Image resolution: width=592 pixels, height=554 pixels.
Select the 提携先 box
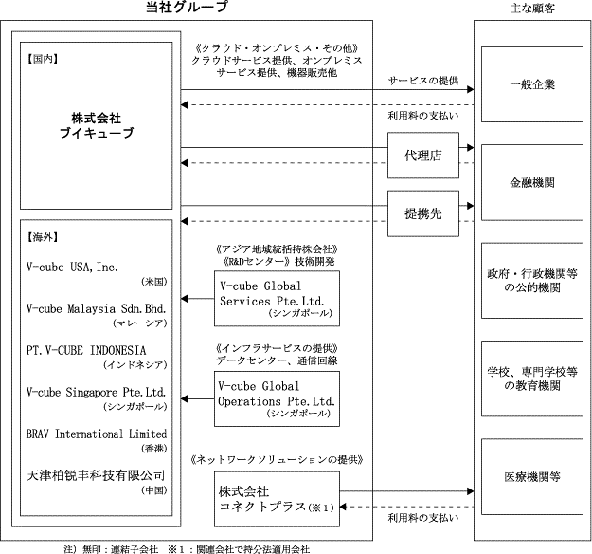click(423, 214)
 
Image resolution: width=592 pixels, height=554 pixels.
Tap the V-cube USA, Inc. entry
click(73, 268)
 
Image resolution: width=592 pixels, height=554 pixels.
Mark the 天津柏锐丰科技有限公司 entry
click(96, 473)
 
